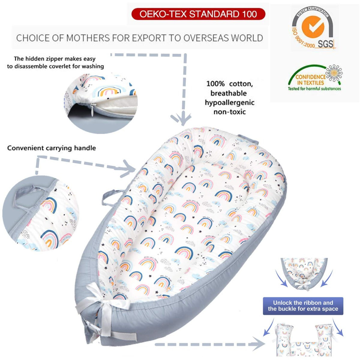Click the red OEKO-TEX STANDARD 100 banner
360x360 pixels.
click(x=198, y=14)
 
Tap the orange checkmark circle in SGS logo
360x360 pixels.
click(x=313, y=27)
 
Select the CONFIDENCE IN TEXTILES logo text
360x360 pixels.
click(x=310, y=80)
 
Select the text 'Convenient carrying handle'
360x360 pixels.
click(x=52, y=148)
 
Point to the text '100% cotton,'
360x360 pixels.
click(x=229, y=84)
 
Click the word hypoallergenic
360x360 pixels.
click(x=229, y=103)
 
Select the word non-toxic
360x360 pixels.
click(x=229, y=112)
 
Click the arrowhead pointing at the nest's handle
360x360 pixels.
click(x=129, y=169)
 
